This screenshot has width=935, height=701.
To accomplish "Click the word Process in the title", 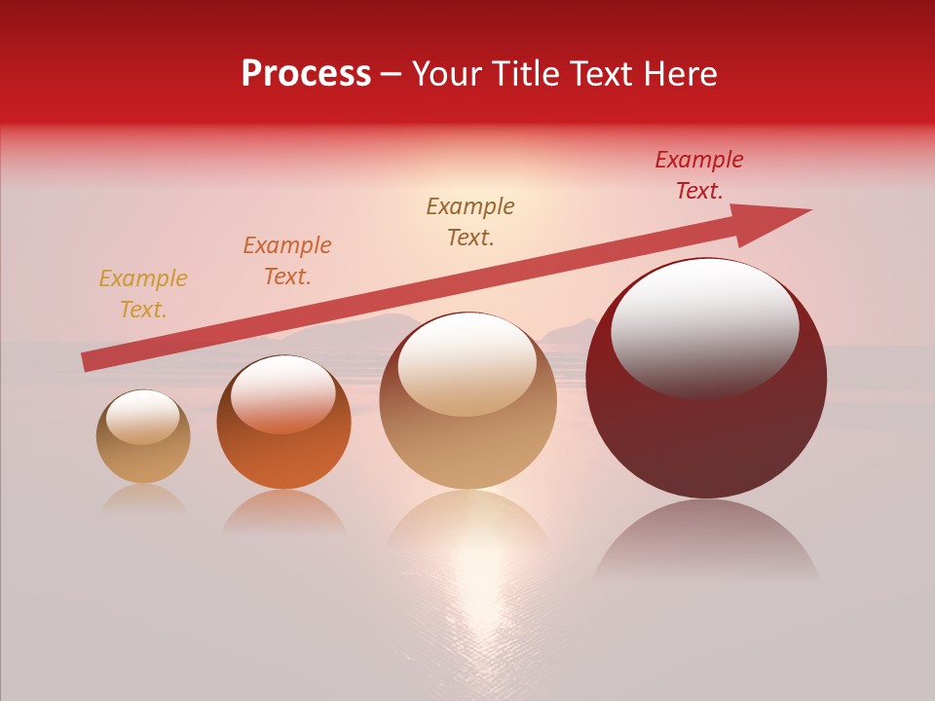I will (306, 74).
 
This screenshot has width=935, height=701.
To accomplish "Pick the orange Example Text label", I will (287, 261).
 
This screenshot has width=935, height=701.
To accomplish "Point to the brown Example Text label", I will (470, 222).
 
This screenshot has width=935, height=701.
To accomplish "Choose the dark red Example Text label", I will (698, 175).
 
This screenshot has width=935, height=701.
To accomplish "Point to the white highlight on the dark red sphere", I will (705, 326).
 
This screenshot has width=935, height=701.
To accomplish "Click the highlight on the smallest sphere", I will (142, 417).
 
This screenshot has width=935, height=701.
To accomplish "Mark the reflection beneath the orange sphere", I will (283, 510).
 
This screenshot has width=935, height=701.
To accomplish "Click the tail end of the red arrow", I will (90, 361).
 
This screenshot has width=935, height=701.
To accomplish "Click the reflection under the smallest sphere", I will (143, 498).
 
